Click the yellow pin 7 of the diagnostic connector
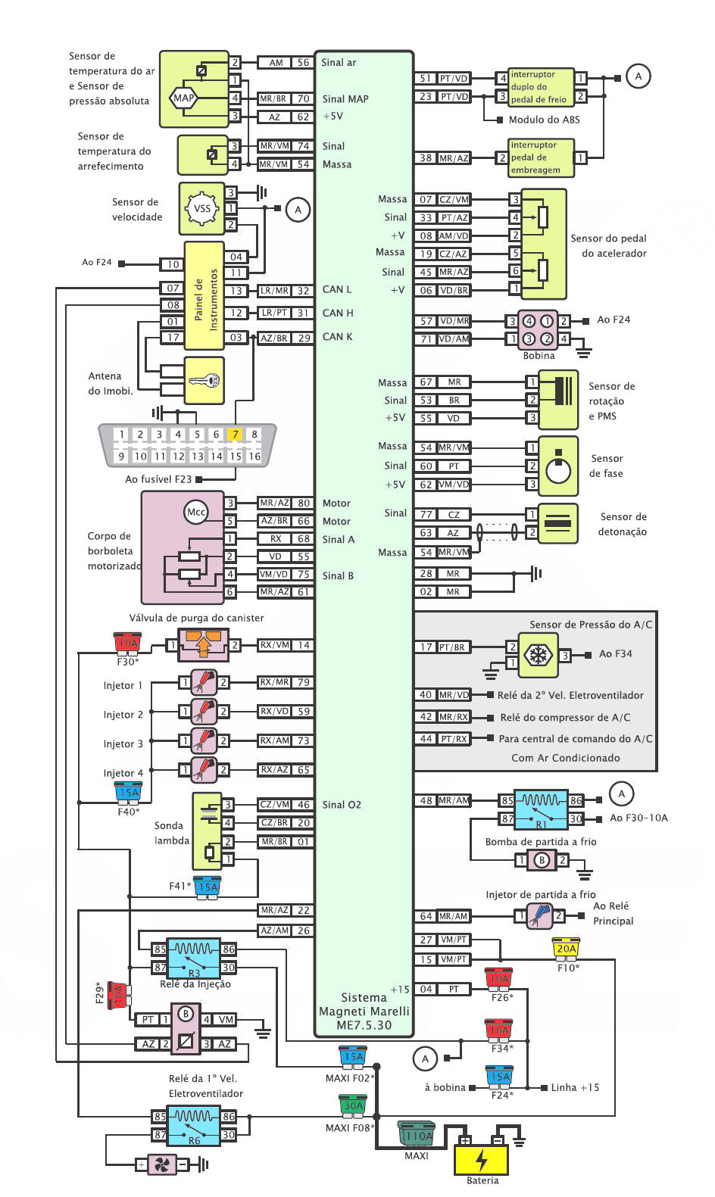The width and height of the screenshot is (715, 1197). coord(235,434)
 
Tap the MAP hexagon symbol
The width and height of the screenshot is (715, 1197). coord(183,98)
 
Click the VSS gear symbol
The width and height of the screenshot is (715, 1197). coord(202,208)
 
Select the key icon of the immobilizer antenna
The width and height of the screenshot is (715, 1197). coord(204,381)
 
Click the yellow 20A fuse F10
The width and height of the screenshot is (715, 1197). coord(566,948)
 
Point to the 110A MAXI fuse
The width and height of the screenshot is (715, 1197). coord(417,1135)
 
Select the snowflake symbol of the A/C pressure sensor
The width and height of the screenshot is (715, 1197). coord(535,655)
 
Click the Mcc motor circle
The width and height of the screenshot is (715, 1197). coord(195,512)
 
